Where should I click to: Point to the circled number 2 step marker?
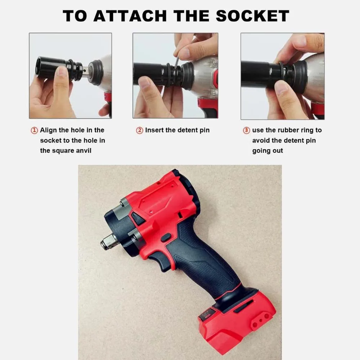139,130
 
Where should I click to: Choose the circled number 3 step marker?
246,130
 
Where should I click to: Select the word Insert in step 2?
154,130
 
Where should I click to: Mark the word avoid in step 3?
261,140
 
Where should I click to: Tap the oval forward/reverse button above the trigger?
166,237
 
